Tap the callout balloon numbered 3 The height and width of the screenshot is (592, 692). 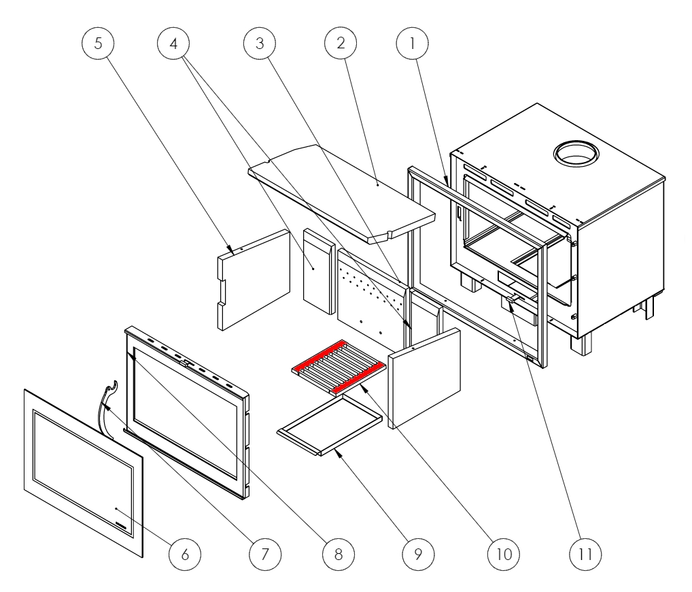tap(259, 43)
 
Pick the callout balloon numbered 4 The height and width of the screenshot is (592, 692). tap(174, 43)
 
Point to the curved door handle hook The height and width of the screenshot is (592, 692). tap(108, 401)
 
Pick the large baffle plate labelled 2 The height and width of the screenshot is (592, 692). tap(340, 191)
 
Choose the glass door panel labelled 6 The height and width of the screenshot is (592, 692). tap(82, 470)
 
